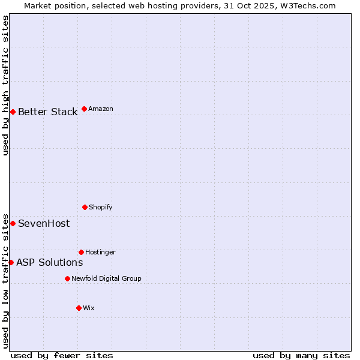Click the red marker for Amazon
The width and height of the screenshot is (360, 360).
click(84, 109)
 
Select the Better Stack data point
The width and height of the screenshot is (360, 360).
click(13, 112)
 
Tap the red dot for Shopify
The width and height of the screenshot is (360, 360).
click(85, 207)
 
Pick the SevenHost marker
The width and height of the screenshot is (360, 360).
click(13, 223)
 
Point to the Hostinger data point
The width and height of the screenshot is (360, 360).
click(81, 252)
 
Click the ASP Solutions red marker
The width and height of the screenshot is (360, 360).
click(11, 262)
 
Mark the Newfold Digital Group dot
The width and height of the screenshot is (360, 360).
click(67, 278)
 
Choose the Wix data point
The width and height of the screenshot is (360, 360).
click(79, 308)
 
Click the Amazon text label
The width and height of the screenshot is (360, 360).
click(101, 109)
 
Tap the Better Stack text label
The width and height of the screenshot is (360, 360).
click(47, 112)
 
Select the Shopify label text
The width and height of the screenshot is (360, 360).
click(101, 207)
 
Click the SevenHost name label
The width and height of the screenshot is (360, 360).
click(44, 223)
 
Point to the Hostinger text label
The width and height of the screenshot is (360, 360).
click(100, 252)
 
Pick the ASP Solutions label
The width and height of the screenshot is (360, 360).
click(49, 262)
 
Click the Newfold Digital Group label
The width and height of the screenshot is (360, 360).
click(106, 278)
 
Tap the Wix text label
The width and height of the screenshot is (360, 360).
click(89, 308)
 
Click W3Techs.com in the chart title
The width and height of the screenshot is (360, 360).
click(307, 5)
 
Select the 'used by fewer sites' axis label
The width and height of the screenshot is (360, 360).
click(62, 355)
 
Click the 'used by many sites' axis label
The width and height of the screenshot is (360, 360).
click(301, 355)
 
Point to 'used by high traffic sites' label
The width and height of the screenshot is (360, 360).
click(5, 85)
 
